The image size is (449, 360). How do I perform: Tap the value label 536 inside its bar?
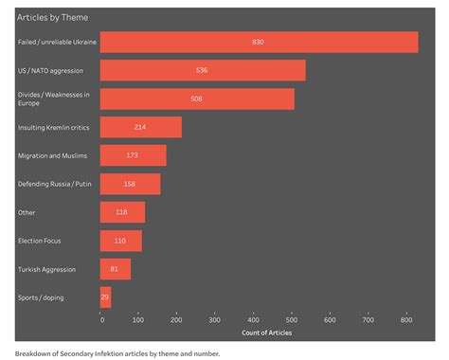point(202,71)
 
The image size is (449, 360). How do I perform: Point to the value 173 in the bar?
point(133,155)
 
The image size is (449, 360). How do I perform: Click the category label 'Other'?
point(27,212)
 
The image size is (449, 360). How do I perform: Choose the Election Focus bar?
point(120,241)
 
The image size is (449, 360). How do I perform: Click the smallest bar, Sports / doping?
point(105,297)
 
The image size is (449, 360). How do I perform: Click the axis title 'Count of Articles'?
point(266,333)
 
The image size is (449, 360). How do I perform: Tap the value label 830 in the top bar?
point(259,43)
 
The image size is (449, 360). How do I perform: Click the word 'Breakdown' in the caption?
point(34,352)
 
